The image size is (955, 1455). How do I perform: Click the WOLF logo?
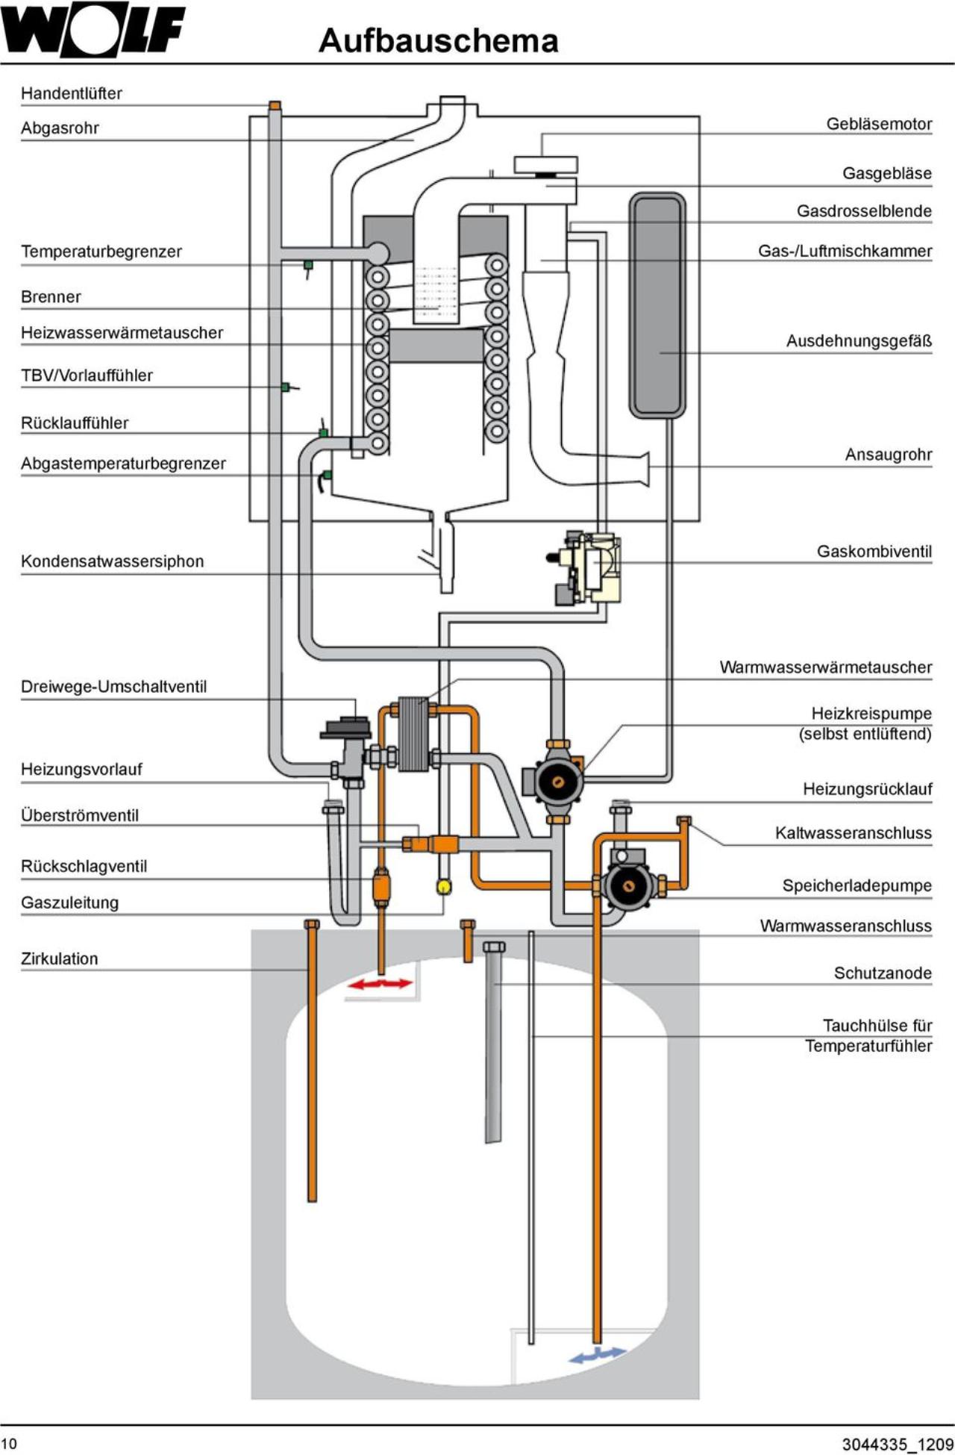pos(93,31)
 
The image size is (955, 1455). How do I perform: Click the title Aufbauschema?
pos(439,40)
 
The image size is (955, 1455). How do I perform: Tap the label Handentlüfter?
pos(72,93)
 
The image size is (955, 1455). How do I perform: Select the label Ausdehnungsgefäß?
pos(859,341)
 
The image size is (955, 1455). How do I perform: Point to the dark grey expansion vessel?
pos(657,305)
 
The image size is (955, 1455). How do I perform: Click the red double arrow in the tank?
pos(380,984)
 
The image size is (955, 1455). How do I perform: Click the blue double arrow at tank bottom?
pos(597,1353)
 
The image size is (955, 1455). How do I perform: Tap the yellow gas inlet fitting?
pos(445,886)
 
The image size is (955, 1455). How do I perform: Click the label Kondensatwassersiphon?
pos(112,561)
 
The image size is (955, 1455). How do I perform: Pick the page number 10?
pos(8,1443)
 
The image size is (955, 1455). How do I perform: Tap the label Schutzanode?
pos(883,973)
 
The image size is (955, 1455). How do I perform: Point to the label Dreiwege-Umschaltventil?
pos(113,687)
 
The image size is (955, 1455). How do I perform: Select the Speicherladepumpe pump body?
pos(628,885)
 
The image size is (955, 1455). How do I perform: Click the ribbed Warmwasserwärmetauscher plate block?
pos(413,734)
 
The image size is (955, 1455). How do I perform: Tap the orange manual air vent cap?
pos(275,105)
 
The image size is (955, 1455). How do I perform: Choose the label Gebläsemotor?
pos(879,124)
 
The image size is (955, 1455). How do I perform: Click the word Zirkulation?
pos(59,959)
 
